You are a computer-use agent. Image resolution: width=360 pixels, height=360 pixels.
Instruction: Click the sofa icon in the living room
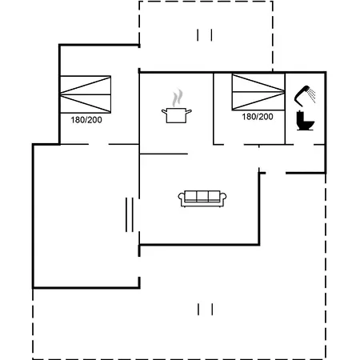pos(202,199)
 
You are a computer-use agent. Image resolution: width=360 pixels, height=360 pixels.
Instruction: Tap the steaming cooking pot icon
pos(177,106)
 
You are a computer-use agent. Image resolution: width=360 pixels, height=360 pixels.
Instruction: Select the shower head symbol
pos(302,95)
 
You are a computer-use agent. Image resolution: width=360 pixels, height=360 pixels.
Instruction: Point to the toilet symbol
pos(305,121)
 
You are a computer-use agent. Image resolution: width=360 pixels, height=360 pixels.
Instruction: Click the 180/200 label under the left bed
pos(86,120)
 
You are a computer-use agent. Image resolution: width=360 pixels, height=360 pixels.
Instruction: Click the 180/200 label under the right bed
pos(258,117)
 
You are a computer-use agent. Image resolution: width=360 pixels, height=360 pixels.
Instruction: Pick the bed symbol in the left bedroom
pos(86,94)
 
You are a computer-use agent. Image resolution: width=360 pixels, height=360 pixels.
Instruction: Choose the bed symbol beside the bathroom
pos(258,92)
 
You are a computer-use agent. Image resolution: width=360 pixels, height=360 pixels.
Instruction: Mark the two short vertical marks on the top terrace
pos(205,35)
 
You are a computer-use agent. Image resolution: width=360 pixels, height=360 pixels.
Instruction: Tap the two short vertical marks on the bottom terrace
pos(205,310)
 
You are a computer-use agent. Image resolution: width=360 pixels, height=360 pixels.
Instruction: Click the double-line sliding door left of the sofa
pos(130,214)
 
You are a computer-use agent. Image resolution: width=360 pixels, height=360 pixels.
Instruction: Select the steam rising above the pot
pos(178,98)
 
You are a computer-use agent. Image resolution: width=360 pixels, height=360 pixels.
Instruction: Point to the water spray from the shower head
pos(312,95)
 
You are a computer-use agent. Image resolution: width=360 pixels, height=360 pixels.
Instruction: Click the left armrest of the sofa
pos(182,198)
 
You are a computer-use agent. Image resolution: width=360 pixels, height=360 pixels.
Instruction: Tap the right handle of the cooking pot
pos(189,111)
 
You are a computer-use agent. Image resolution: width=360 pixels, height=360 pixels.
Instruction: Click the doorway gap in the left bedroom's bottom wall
pos(98,144)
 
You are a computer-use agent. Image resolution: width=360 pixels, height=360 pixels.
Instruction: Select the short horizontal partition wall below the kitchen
pos(164,154)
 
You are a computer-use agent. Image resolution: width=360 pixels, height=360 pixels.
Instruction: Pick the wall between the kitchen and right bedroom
pos(214,109)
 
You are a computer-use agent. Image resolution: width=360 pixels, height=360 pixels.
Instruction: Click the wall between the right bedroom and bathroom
pos(285,109)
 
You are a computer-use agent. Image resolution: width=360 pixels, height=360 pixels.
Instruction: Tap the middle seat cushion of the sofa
pos(202,196)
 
